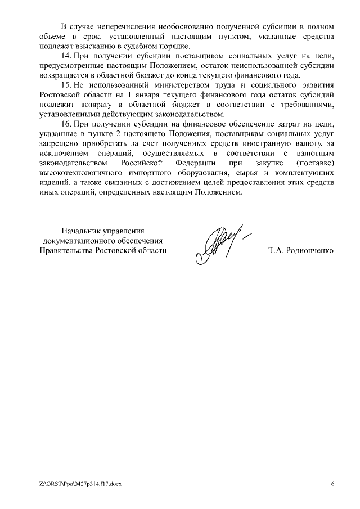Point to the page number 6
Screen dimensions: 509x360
[x=332, y=484]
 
